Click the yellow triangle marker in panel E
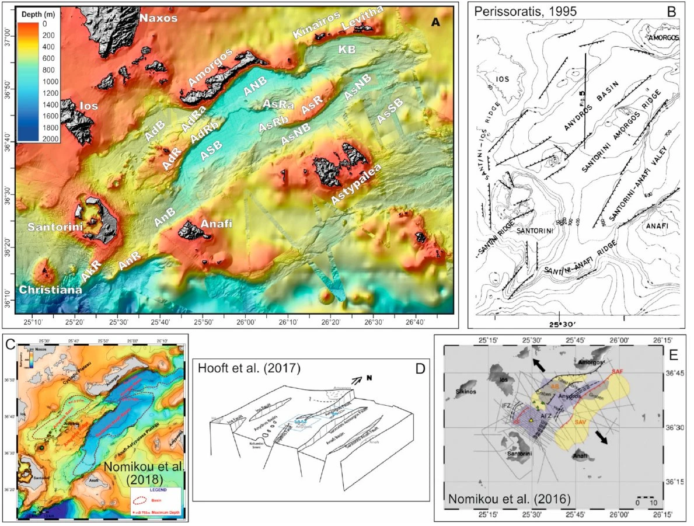531,420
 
